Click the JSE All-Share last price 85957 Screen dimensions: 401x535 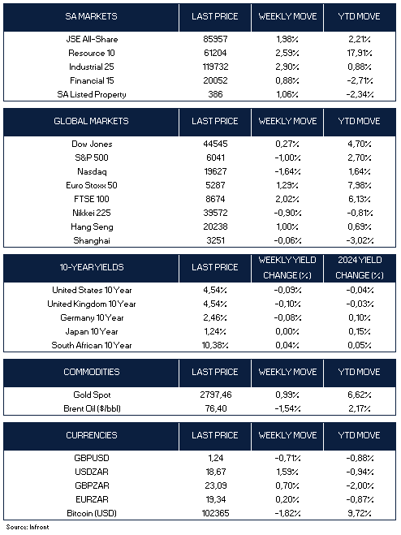pos(215,39)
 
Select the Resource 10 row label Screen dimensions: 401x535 pos(92,54)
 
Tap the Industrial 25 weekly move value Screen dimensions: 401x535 pos(287,67)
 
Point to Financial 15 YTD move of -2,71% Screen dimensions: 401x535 pos(360,81)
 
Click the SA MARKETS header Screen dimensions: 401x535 pos(91,16)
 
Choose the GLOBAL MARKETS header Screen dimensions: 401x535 pos(91,121)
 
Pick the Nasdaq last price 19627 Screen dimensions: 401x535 pos(215,171)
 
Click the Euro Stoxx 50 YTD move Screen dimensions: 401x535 pos(360,186)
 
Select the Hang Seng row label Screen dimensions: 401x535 pos(92,227)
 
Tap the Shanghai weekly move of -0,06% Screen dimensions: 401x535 pos(287,240)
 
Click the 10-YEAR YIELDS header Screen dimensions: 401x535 pos(92,267)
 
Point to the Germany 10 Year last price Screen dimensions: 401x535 pos(215,318)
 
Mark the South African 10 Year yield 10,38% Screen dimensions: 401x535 pos(215,345)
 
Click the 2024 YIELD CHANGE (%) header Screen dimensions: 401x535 pos(360,268)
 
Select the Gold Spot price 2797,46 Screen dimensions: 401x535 pos(216,395)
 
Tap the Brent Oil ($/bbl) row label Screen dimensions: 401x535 pos(92,408)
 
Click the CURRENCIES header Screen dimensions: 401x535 pos(92,435)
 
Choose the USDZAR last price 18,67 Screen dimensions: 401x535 pos(216,472)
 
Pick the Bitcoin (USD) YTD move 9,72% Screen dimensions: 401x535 pos(360,514)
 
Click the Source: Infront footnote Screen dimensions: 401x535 pos(28,527)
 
